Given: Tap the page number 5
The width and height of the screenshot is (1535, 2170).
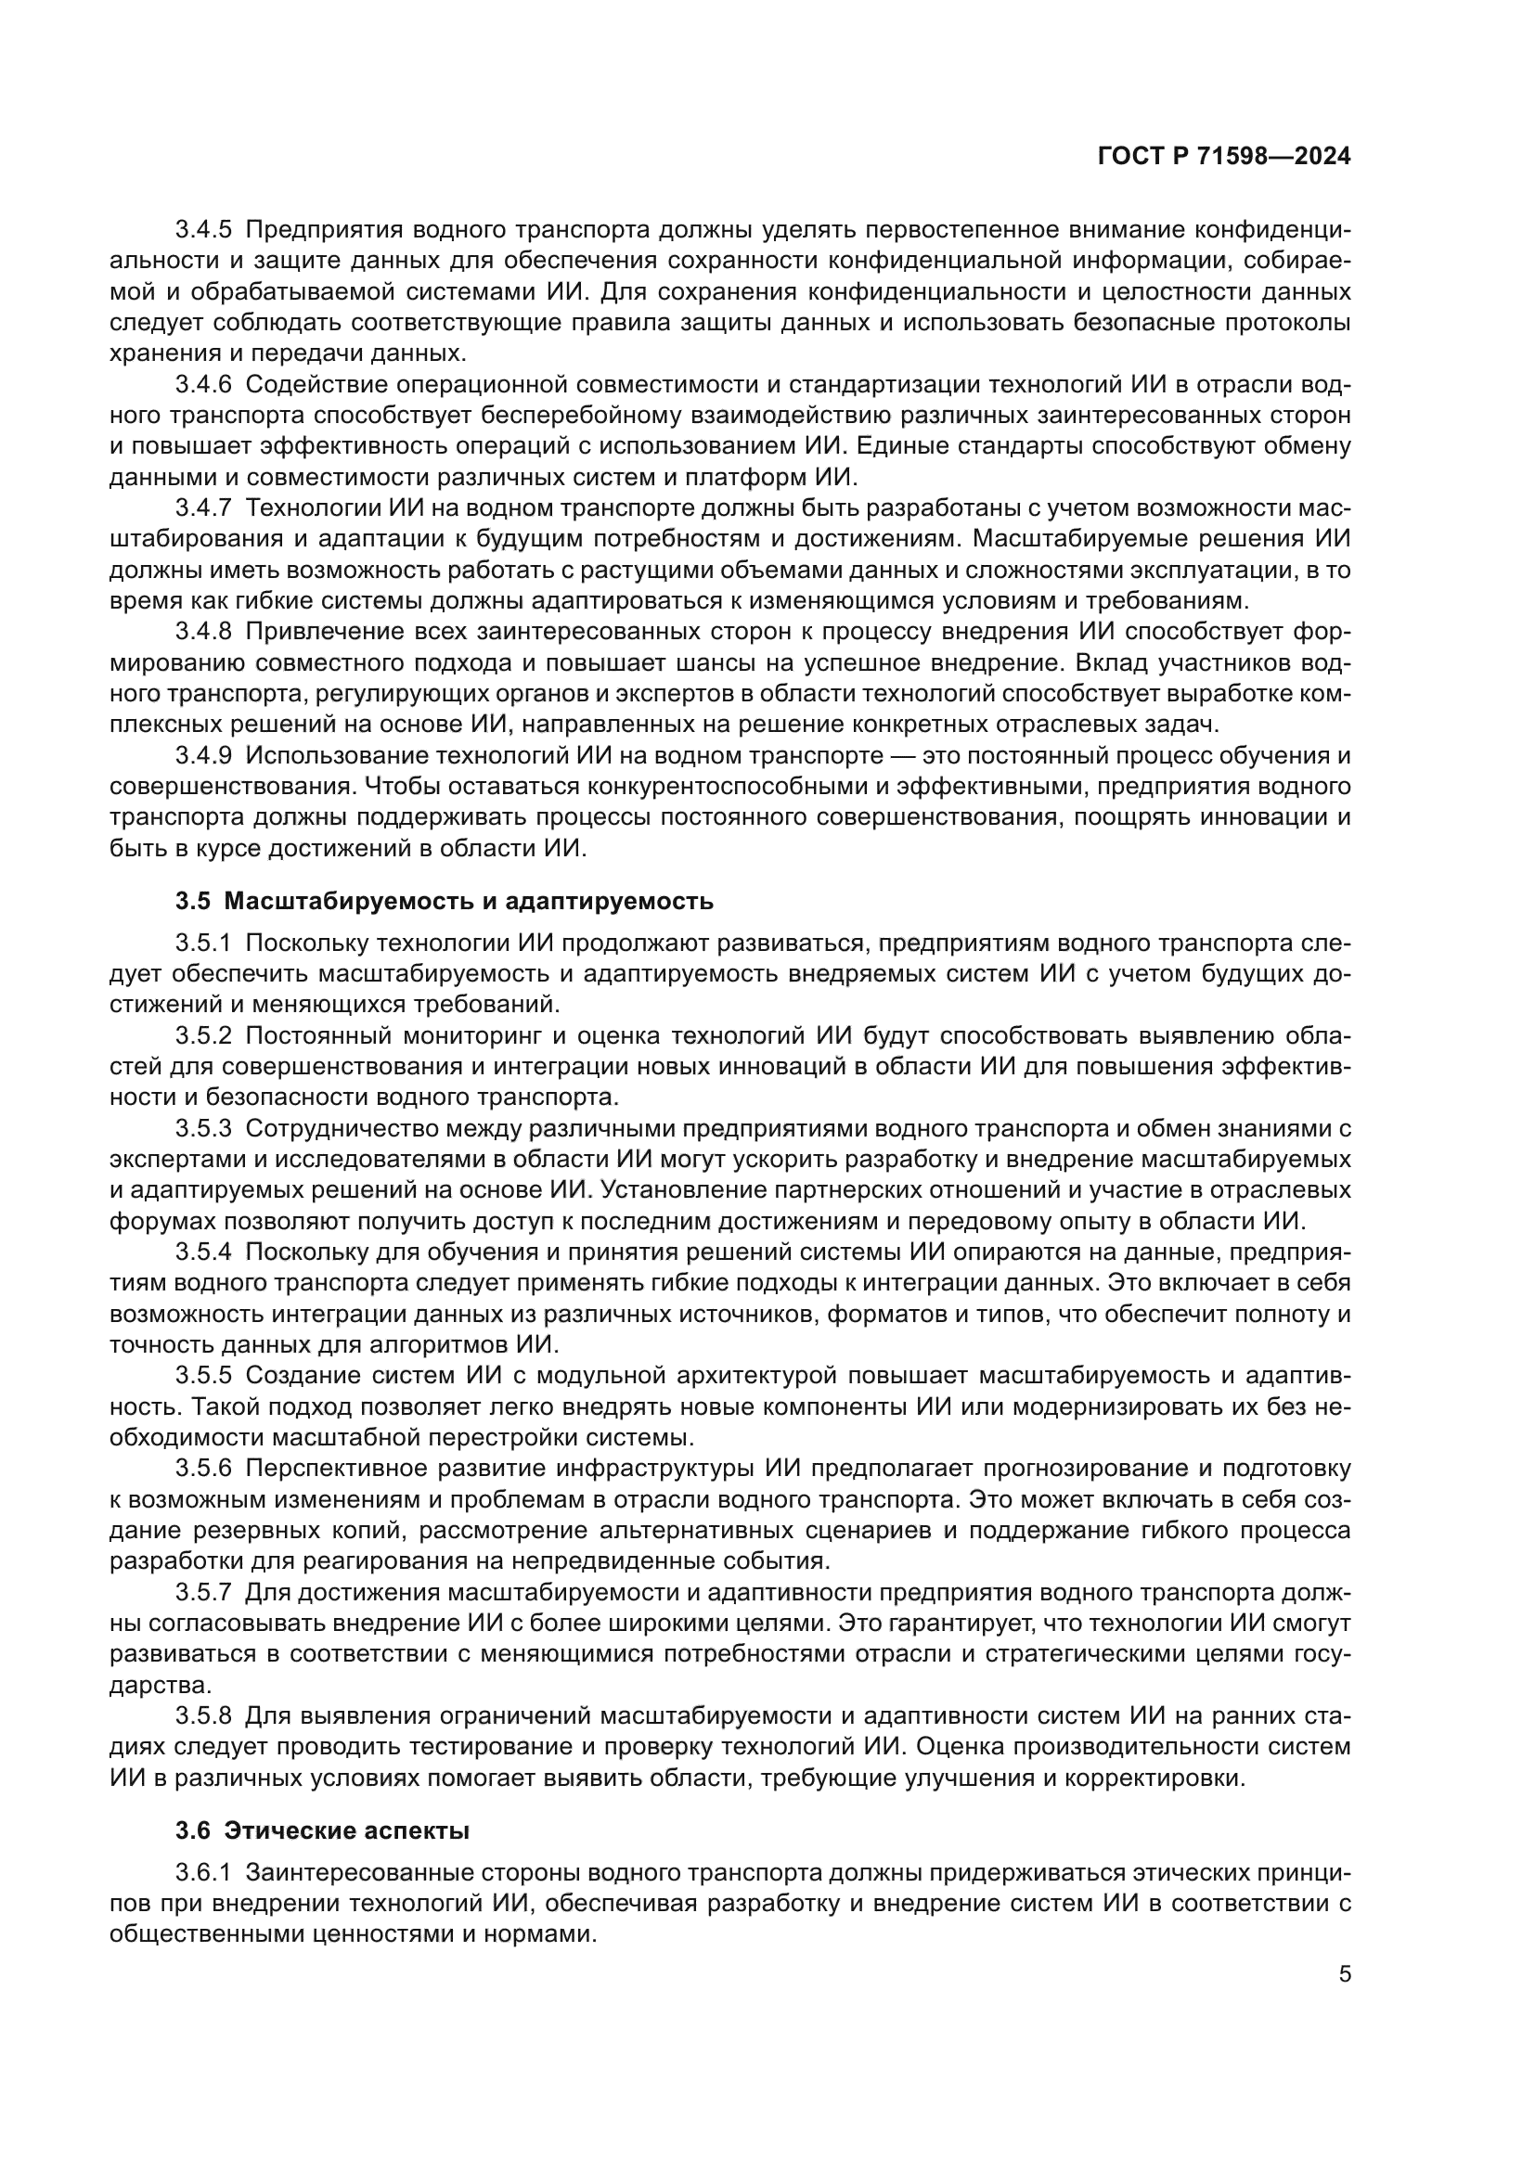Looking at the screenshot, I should (1344, 1973).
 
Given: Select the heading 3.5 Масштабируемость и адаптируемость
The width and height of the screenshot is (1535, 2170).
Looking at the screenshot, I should (445, 901).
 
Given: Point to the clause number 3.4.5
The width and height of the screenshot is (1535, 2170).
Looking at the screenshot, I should (203, 230).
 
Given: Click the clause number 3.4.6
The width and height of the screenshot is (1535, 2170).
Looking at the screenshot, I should (203, 385).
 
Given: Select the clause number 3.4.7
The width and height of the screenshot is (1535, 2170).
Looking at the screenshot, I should (203, 508).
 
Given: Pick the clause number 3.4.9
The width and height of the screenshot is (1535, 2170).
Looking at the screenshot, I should (203, 756).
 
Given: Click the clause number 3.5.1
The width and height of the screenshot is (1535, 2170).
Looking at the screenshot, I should (203, 944).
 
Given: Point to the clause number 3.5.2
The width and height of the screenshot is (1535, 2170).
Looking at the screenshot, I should (203, 1036).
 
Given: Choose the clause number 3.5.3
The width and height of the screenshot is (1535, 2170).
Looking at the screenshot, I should (203, 1128).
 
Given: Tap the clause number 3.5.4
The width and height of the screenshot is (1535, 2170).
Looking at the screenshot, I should (203, 1252).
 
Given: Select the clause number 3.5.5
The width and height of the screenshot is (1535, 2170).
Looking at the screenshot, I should (203, 1376).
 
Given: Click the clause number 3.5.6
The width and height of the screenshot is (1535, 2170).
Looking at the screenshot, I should (203, 1469).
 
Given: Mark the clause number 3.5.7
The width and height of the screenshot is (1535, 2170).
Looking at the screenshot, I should (203, 1593).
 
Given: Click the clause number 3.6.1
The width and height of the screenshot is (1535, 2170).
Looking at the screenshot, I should (203, 1873).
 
